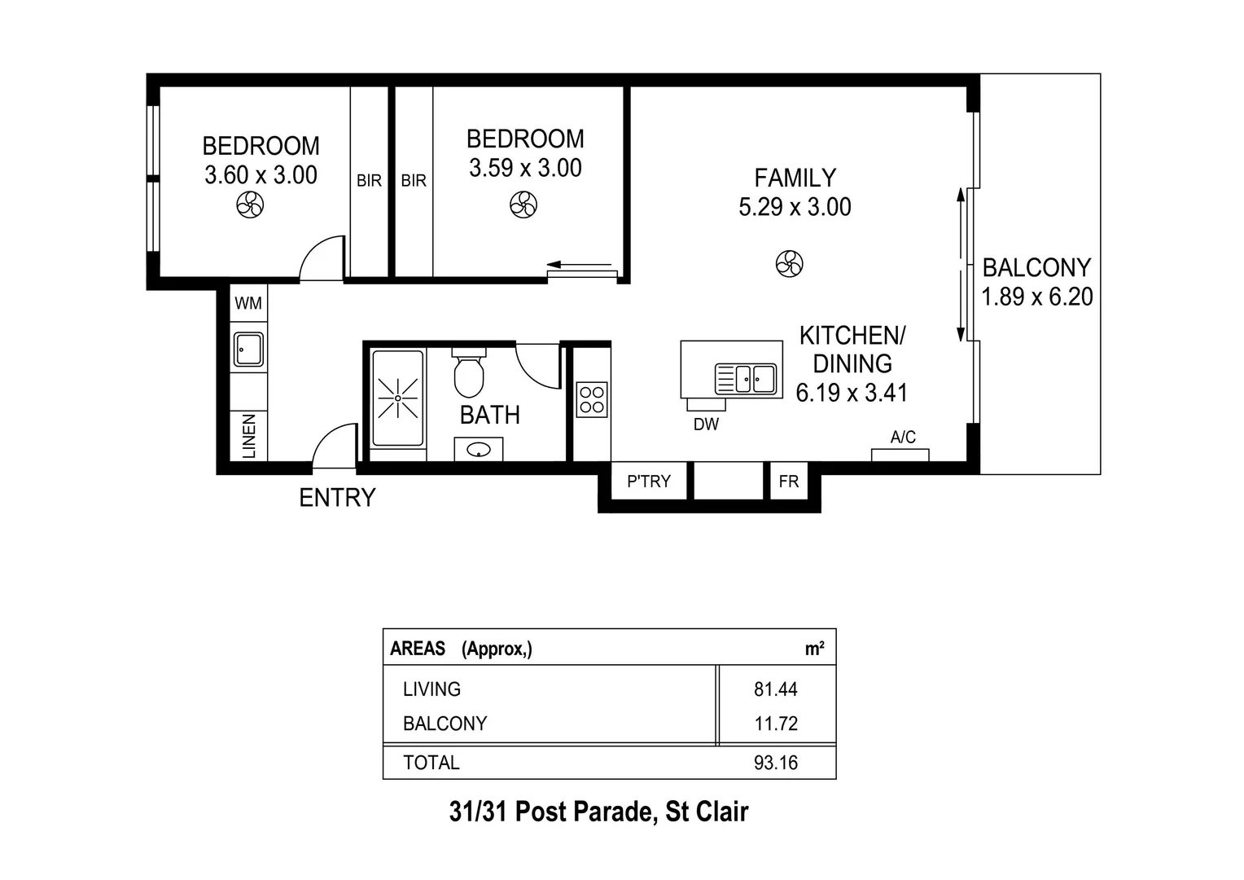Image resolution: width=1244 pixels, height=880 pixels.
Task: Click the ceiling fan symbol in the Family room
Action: (x=789, y=263)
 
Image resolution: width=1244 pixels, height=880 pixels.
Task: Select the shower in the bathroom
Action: (x=397, y=398)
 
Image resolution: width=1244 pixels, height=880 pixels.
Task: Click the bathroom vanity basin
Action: (x=478, y=449)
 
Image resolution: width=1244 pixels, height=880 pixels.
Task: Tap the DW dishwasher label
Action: (x=706, y=425)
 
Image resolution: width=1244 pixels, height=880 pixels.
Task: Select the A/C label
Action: (x=903, y=438)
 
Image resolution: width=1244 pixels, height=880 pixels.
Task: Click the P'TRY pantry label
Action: (x=649, y=482)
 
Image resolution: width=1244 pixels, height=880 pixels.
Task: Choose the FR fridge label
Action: (x=788, y=482)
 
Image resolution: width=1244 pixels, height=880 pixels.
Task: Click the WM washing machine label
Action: (x=248, y=303)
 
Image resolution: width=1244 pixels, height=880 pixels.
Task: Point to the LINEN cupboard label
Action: (x=249, y=436)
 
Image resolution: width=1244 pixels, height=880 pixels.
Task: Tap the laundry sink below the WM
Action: (x=248, y=350)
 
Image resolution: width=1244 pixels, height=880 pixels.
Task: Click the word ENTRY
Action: (x=337, y=498)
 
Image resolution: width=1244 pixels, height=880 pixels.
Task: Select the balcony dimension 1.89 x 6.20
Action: (x=1036, y=297)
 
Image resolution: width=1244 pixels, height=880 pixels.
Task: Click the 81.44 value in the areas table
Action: (x=775, y=689)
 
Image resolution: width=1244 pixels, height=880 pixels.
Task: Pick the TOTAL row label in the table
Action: (x=431, y=763)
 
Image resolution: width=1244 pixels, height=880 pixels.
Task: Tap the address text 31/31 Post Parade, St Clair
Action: (x=598, y=812)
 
